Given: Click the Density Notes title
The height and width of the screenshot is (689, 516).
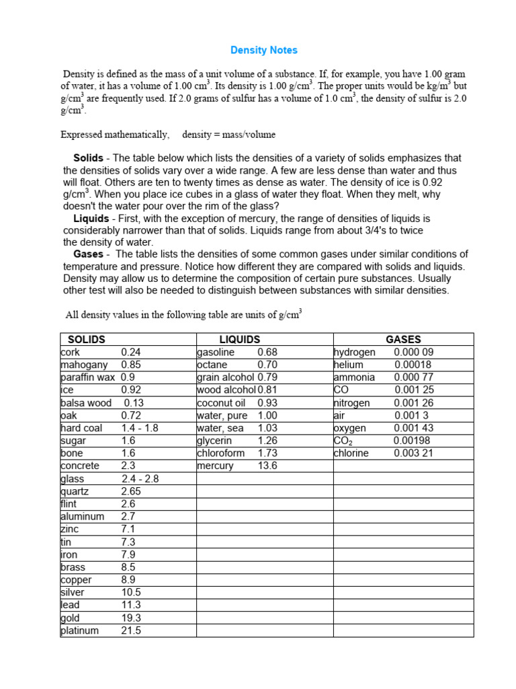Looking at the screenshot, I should [x=263, y=50].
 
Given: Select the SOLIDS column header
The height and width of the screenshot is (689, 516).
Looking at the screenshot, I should [x=87, y=340].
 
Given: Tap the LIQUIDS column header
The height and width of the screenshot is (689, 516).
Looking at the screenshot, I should [x=239, y=340].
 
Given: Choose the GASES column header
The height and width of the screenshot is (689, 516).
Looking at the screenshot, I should [x=403, y=340].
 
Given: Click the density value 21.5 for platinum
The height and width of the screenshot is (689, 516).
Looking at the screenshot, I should [x=132, y=631].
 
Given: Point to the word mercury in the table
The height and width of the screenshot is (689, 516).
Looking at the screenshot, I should [x=215, y=466].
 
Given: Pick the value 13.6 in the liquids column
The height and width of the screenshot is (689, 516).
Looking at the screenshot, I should [x=267, y=466].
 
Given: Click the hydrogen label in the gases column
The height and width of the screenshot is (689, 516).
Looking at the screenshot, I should [x=355, y=353].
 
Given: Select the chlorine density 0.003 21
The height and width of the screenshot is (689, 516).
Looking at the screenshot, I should [x=414, y=454].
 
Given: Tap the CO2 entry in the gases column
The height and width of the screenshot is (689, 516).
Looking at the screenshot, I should [x=343, y=441].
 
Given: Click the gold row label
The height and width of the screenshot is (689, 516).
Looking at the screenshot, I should [x=70, y=618].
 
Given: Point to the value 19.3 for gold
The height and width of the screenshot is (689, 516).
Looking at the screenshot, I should [x=132, y=618].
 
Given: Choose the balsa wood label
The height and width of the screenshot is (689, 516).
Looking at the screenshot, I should [x=86, y=403].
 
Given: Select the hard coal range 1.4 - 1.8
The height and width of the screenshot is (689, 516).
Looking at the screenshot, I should [x=140, y=429].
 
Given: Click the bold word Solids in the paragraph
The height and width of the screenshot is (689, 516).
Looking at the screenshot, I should [x=88, y=158].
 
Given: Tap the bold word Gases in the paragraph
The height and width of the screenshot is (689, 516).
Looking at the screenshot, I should [x=88, y=254].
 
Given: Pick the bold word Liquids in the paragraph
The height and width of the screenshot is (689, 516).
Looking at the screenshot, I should [x=91, y=219].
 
